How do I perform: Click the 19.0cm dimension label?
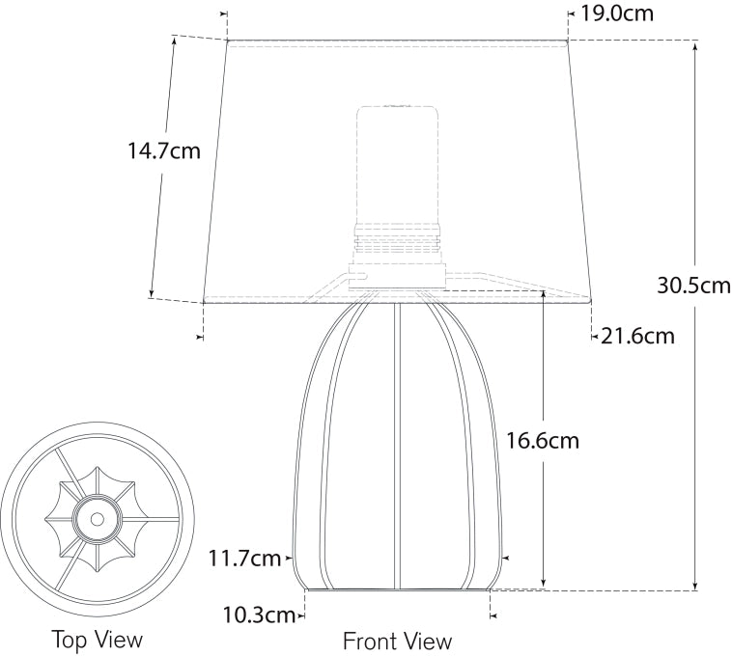click(617, 14)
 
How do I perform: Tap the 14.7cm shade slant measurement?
click(164, 150)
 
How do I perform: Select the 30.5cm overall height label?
click(693, 285)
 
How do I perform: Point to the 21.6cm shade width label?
click(637, 336)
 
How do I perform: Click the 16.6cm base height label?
click(542, 440)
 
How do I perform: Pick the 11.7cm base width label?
click(243, 558)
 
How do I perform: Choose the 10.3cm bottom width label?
click(259, 615)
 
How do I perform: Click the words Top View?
click(98, 639)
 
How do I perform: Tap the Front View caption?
click(397, 642)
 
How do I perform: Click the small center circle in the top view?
click(98, 518)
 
